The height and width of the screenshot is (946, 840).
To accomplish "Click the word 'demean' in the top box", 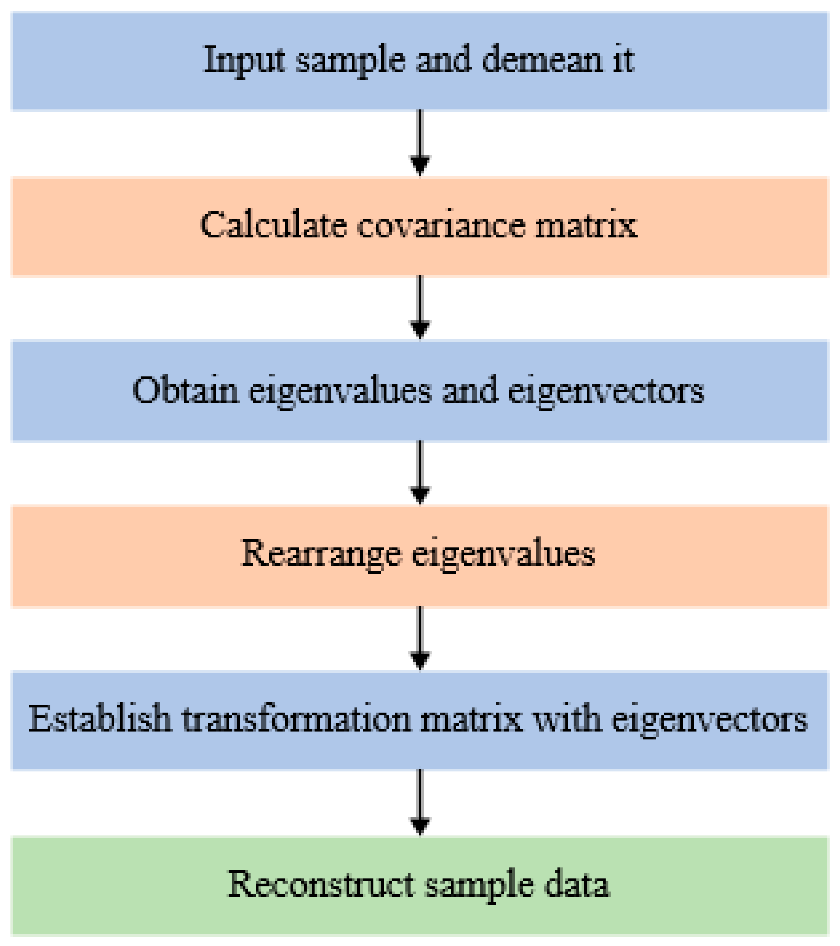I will pos(542,60).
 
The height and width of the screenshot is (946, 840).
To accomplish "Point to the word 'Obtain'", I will pos(186,390).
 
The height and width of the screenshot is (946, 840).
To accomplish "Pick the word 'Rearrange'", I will pos(321,554).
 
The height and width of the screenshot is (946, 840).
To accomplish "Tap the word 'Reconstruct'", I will pos(321,884).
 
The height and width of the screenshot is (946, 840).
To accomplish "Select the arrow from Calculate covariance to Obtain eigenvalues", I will pos(420,308).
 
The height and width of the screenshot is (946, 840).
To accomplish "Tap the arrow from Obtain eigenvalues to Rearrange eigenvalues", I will pos(420,472).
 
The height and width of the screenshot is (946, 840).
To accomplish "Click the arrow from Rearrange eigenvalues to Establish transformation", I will pos(420,637).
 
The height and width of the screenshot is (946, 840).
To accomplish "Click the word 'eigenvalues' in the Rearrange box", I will pos(503,554).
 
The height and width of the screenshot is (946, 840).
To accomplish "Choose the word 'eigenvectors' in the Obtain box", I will pos(606,390).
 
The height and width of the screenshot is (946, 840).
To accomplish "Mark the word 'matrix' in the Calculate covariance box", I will pos(586,226).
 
